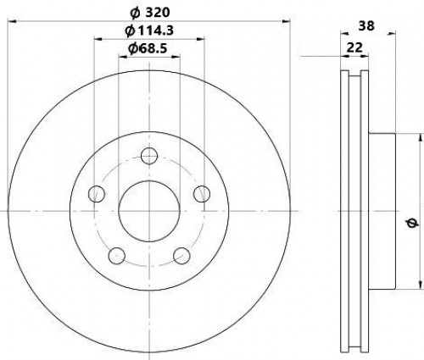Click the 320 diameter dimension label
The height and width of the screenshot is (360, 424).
click(x=150, y=13)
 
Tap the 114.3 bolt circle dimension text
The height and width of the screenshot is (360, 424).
click(x=149, y=30)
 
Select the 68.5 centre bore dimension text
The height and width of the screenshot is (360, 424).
click(x=148, y=48)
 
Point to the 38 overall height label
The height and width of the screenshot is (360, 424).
click(x=366, y=26)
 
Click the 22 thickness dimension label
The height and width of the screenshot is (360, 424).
click(x=354, y=47)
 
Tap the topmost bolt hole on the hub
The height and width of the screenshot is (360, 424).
click(x=149, y=155)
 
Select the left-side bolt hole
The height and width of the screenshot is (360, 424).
click(x=97, y=194)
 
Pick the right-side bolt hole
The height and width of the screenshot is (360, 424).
click(x=202, y=194)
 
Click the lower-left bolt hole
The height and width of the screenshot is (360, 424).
click(x=117, y=256)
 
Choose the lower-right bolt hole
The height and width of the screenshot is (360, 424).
click(x=181, y=256)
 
